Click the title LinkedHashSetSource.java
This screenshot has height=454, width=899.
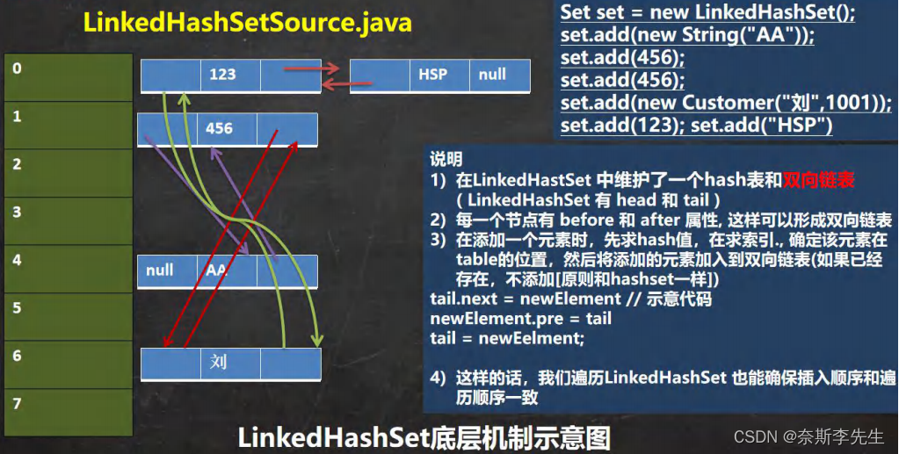tap(248, 23)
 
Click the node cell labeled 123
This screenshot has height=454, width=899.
tap(222, 75)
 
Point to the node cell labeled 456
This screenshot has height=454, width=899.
tap(219, 129)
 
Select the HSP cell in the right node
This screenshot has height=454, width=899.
tap(432, 75)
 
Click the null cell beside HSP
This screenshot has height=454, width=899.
tap(493, 75)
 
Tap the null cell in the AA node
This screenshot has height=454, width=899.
tap(160, 270)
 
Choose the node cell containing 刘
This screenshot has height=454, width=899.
tap(219, 362)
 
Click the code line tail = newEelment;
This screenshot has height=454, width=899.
tap(507, 338)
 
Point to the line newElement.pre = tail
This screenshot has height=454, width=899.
tap(520, 318)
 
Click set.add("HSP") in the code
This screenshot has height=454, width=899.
tap(761, 125)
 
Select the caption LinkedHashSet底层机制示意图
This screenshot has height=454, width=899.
tap(424, 436)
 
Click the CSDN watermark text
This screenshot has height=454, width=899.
tap(808, 436)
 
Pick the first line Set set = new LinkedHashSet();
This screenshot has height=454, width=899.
tap(707, 14)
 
